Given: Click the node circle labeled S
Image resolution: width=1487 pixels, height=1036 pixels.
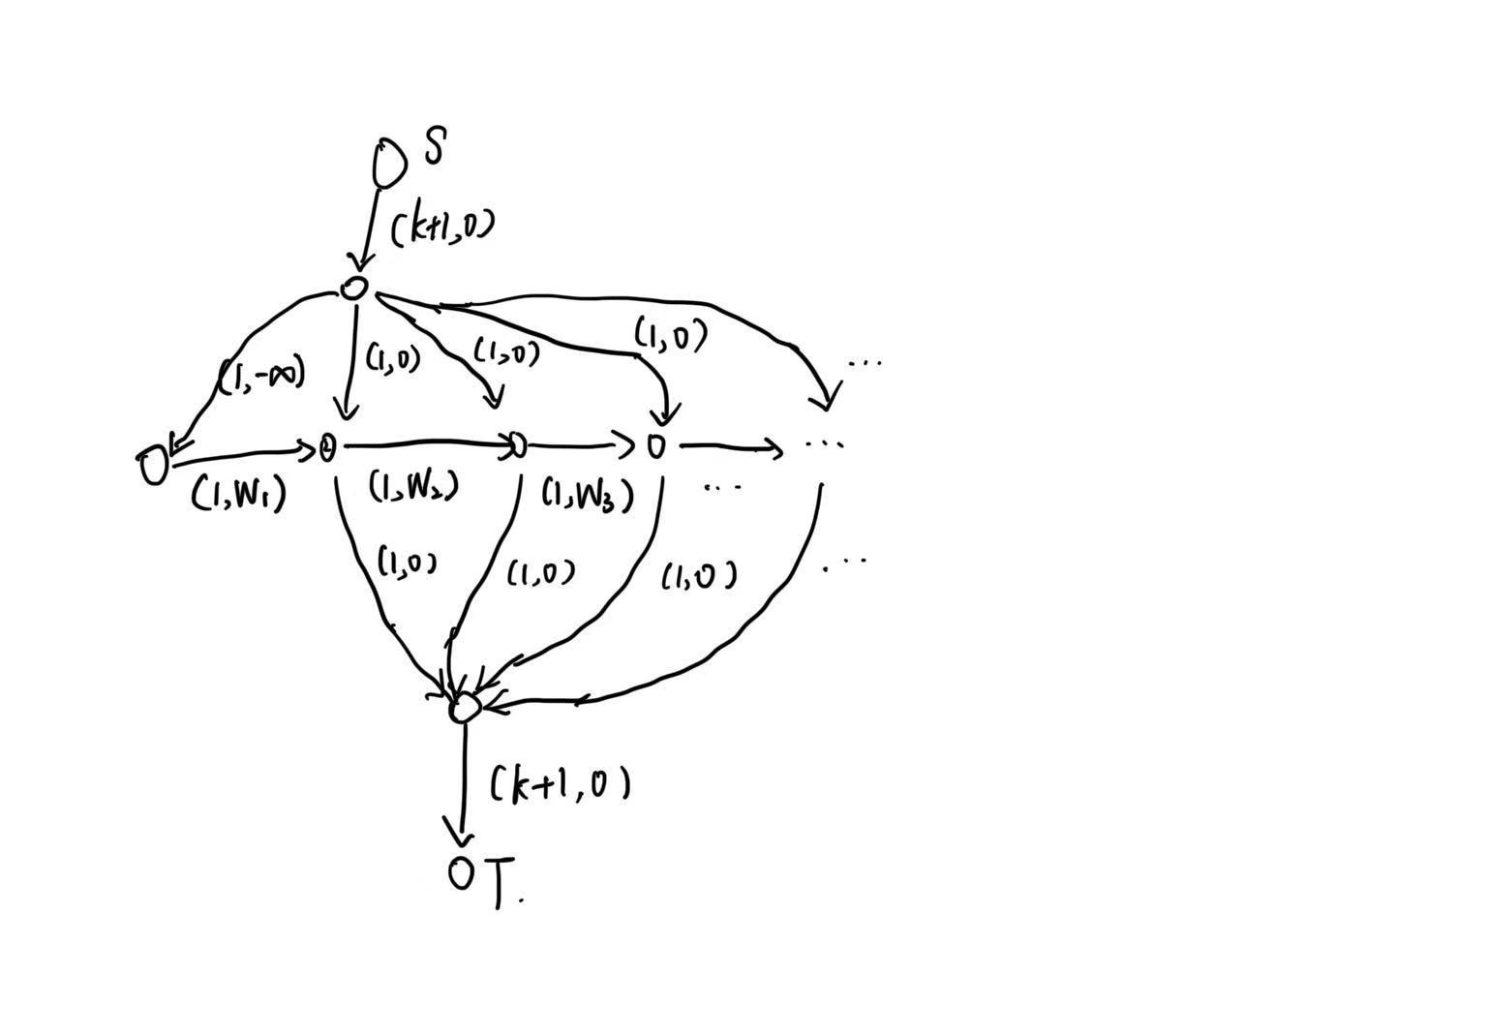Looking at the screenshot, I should click(x=389, y=162).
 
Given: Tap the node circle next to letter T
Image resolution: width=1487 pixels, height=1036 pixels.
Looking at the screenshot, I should click(x=462, y=873).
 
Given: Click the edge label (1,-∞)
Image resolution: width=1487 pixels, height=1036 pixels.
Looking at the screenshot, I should click(x=261, y=375).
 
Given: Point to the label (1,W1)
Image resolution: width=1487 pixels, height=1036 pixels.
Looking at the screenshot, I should click(x=238, y=495).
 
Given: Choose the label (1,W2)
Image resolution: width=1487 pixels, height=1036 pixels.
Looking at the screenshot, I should click(x=413, y=486).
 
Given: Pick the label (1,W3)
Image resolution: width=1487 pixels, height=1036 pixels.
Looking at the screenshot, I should click(x=587, y=495).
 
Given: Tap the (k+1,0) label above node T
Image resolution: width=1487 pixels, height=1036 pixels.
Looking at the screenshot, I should click(x=561, y=783).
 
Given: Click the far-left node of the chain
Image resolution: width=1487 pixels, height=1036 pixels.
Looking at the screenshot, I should click(x=153, y=466).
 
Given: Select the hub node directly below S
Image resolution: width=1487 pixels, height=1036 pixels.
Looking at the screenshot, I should click(x=354, y=288).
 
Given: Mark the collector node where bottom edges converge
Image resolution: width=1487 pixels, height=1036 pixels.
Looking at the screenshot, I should click(x=464, y=708).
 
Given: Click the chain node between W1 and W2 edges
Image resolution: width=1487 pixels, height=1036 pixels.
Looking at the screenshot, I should click(x=327, y=447).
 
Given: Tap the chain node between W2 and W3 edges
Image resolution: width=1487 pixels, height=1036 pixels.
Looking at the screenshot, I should click(x=518, y=445).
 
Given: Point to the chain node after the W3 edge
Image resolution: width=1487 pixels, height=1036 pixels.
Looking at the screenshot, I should click(x=657, y=446).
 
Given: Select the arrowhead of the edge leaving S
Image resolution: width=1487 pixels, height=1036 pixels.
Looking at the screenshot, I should click(x=363, y=261).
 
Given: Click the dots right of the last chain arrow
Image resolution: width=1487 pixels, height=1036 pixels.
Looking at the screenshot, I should click(x=825, y=444).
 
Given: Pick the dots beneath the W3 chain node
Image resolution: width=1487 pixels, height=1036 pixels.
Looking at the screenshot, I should click(x=723, y=487).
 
